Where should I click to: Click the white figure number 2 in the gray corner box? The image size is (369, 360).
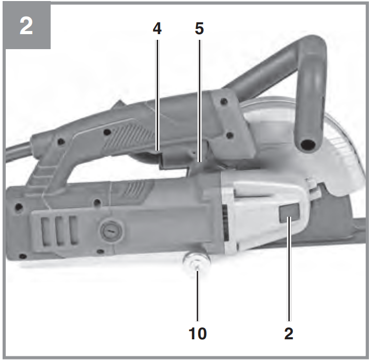pos(26,26)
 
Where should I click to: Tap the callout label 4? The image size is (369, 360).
pos(157,28)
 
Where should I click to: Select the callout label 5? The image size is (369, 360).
pos(199,28)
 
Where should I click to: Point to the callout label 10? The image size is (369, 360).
pos(197,334)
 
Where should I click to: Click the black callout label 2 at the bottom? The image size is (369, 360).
pos(289,334)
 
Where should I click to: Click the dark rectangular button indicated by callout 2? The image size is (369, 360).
pos(289,213)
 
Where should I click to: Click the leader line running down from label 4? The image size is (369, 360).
pos(158,95)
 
